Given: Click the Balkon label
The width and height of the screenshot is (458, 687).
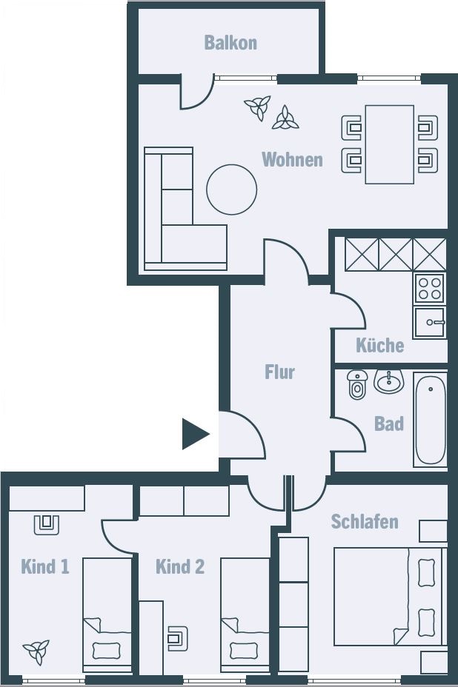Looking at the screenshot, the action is click(230, 42).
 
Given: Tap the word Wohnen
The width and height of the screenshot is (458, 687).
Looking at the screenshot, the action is click(292, 159).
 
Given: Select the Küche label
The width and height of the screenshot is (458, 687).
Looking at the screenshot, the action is click(380, 345).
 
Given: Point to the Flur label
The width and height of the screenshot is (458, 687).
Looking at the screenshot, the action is click(279, 372).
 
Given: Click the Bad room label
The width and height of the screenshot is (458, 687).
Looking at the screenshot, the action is click(388, 423).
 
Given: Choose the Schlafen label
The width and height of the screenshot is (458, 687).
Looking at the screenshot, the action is click(365, 521).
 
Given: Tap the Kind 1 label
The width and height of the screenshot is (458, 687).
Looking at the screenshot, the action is click(45, 566).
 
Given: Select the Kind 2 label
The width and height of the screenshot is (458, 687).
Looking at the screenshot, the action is click(180, 566).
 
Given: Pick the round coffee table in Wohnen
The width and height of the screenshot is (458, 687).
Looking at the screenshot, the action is click(232, 190).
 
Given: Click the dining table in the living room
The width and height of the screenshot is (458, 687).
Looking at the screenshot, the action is click(390, 144).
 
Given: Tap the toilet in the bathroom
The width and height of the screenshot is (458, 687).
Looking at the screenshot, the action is click(357, 384).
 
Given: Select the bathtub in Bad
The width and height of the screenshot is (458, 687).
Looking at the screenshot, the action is click(431, 419).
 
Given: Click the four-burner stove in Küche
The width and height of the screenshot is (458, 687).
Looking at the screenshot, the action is click(430, 288).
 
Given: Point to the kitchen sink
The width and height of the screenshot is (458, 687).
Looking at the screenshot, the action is click(430, 322).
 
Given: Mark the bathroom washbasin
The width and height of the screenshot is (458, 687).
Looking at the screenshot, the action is click(388, 381).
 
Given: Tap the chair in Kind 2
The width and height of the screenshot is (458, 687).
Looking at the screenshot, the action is click(178, 638).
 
